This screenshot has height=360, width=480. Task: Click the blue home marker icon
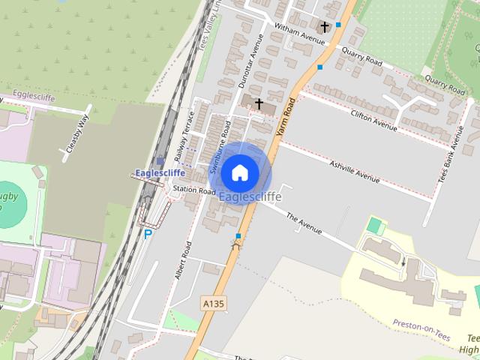(x=239, y=172)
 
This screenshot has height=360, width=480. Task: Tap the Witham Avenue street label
(x=298, y=30)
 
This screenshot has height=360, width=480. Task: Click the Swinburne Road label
(x=220, y=148)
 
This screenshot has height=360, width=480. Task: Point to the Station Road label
(x=194, y=190)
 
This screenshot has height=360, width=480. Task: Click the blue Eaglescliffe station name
(x=161, y=174)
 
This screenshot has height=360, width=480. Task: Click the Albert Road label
(x=182, y=260)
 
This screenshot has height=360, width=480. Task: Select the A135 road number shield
(x=214, y=302)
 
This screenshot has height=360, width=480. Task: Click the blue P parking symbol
(x=148, y=234)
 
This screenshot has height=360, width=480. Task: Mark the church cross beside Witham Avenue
(x=324, y=27)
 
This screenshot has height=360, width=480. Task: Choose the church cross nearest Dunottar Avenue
(x=259, y=103)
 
